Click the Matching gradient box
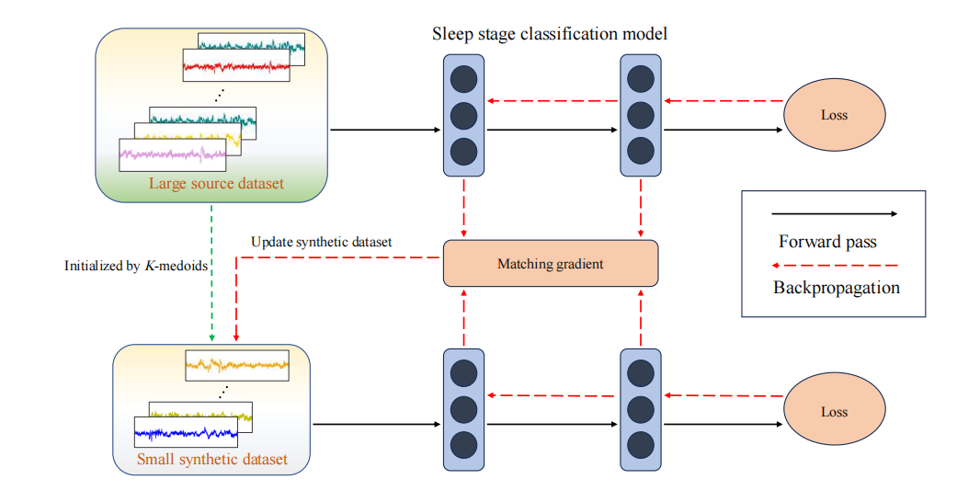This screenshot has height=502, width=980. tap(551, 263)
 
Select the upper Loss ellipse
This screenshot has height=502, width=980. tap(834, 115)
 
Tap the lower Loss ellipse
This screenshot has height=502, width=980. tap(834, 412)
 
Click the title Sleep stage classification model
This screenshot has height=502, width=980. tap(550, 35)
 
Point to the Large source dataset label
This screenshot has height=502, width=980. tap(216, 184)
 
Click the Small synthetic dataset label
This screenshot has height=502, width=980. tap(211, 459)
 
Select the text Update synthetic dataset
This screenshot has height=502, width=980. tap(321, 242)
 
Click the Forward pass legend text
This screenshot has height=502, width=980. tap(827, 243)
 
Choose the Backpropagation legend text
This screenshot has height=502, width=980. tap(836, 287)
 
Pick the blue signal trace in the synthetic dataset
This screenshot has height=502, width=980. tap(185, 431)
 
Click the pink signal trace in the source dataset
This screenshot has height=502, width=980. tap(173, 155)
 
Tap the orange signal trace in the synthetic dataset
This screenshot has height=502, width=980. tap(237, 365)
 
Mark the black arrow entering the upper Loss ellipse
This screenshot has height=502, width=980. tap(722, 130)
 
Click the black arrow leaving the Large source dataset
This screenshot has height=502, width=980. tap(385, 130)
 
